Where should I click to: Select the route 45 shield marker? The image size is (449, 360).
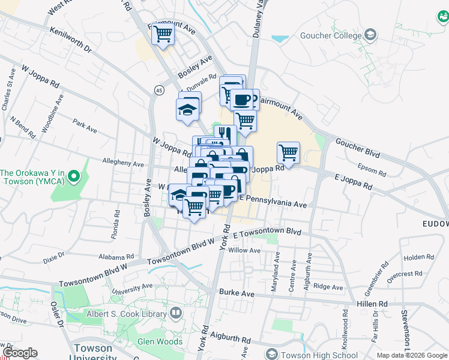tap(159, 90)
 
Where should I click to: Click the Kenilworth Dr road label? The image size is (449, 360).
tap(70, 39)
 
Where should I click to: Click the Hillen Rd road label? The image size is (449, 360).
tap(374, 304)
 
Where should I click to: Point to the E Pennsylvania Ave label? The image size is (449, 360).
tap(273, 201)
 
